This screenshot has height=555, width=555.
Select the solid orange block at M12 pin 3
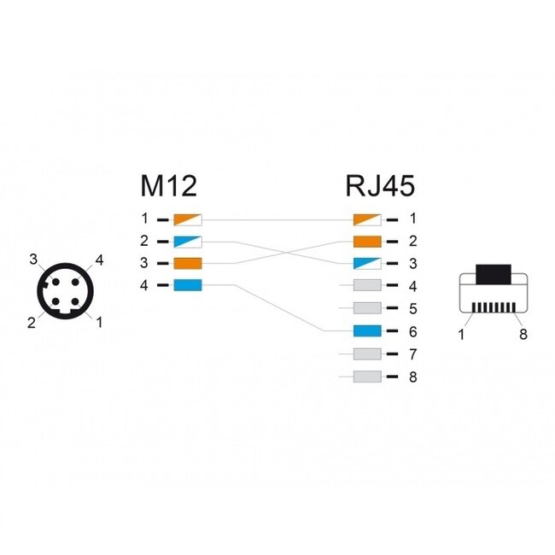coord(187,263)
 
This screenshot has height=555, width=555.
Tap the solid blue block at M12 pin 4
coord(187,285)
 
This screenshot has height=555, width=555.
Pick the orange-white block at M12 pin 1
coord(187,219)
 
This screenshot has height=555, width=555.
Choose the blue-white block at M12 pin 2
coord(187,241)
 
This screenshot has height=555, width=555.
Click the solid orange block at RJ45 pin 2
coord(367,241)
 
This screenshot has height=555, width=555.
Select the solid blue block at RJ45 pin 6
coord(367,330)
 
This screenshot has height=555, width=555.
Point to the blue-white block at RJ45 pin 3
coord(367,263)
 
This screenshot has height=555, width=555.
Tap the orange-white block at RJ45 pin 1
coord(367,219)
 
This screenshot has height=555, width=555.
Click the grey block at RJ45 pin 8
coord(367,376)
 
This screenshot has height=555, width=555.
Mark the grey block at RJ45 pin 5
coord(367,308)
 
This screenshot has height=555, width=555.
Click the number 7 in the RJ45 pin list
coord(413,353)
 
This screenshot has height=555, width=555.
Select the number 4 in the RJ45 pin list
coord(413,285)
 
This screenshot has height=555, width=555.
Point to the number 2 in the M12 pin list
coord(144,241)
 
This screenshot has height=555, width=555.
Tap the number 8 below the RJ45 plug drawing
coord(523,334)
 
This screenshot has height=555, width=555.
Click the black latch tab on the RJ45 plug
coord(493,275)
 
